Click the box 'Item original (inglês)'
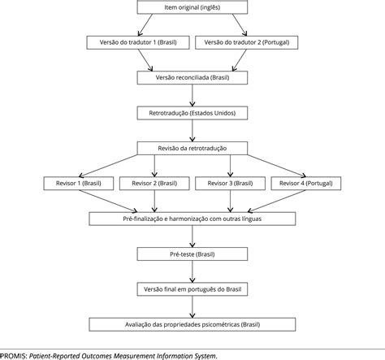[192, 7]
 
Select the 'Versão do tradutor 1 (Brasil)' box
[138, 42]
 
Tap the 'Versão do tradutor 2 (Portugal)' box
[247, 42]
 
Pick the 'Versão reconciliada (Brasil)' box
[192, 78]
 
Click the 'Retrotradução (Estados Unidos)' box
[192, 113]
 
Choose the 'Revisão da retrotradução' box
[192, 148]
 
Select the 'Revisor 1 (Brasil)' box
[79, 184]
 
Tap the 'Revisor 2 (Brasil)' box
[154, 184]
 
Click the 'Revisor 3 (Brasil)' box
[230, 184]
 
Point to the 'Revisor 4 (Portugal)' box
[306, 184]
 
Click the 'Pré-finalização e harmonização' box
[192, 219]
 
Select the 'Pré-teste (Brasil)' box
[192, 254]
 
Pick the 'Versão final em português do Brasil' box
[192, 289]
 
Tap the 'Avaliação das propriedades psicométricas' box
[192, 324]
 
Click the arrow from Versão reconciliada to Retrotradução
[192, 95]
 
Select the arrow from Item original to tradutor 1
[145, 25]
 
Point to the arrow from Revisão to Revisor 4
[277, 166]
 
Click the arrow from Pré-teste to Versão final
[192, 271]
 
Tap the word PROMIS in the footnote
[13, 356]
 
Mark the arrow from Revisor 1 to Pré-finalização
[108, 201]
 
